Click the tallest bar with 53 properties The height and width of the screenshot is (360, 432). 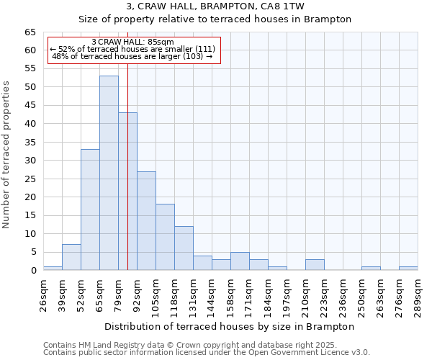point(109,173)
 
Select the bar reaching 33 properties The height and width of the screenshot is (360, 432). point(90,210)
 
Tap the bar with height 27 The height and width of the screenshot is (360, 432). point(146,220)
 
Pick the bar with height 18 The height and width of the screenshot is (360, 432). point(165,237)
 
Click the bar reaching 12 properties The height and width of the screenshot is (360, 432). point(184,248)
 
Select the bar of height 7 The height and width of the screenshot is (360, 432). point(71,257)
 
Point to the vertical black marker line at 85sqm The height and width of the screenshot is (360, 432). point(127,166)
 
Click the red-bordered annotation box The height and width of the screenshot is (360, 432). point(133,50)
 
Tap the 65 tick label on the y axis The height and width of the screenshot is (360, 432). point(30,32)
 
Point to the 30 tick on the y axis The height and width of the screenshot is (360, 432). point(30,161)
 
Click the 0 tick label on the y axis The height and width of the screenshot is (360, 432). point(33,271)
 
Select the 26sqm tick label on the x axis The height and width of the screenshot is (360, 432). point(43,294)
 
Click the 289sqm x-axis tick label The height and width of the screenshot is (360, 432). point(418,294)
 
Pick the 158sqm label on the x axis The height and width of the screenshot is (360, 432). point(230,294)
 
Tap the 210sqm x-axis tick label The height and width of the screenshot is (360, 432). point(305,294)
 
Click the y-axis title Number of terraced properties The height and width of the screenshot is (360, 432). point(7,154)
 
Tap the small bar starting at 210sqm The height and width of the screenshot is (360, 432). point(315,265)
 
